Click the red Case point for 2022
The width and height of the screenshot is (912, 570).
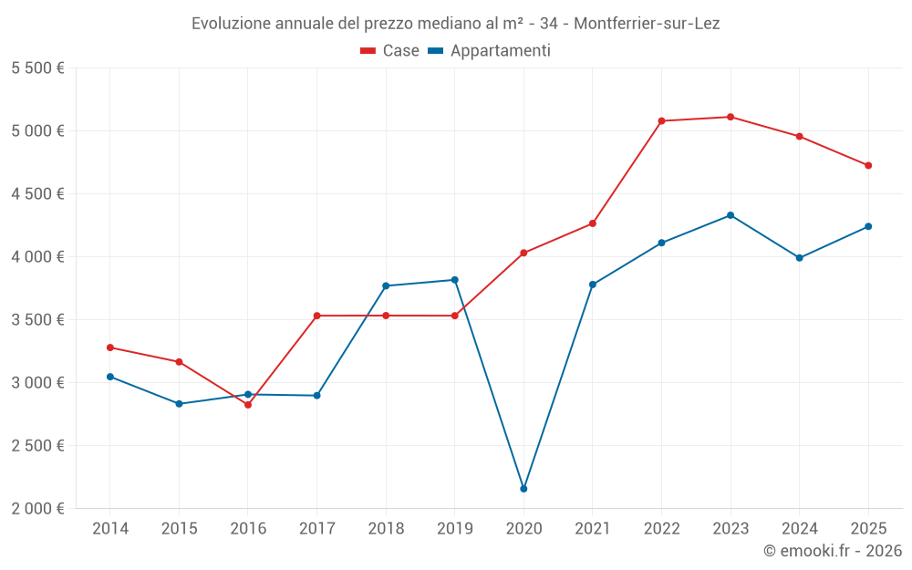click(661, 120)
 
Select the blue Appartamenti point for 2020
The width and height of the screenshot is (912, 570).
click(523, 489)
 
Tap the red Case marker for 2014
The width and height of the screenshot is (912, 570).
click(110, 347)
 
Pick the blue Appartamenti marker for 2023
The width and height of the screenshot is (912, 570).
click(731, 215)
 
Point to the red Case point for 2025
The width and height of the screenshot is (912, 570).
click(868, 165)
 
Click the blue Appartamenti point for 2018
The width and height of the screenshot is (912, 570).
click(386, 285)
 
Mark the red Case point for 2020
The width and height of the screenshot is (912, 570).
click(523, 253)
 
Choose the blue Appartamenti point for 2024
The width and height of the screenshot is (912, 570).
click(799, 258)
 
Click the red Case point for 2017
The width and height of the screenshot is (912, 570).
click(316, 316)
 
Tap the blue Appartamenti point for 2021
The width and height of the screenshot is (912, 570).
click(593, 285)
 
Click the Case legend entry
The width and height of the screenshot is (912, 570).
click(390, 51)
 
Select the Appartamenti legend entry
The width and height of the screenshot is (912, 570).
click(490, 51)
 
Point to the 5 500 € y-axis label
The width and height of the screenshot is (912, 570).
click(37, 68)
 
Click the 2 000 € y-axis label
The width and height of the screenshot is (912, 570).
click(37, 509)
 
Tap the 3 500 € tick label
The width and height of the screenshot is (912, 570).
click(37, 320)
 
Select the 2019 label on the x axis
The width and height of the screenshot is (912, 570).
click(454, 529)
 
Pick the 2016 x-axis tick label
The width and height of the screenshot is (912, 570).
click(248, 529)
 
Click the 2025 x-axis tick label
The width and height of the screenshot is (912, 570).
click(868, 529)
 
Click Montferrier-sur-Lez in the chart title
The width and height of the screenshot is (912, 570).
click(647, 24)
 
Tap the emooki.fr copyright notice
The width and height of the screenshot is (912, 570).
click(833, 551)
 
